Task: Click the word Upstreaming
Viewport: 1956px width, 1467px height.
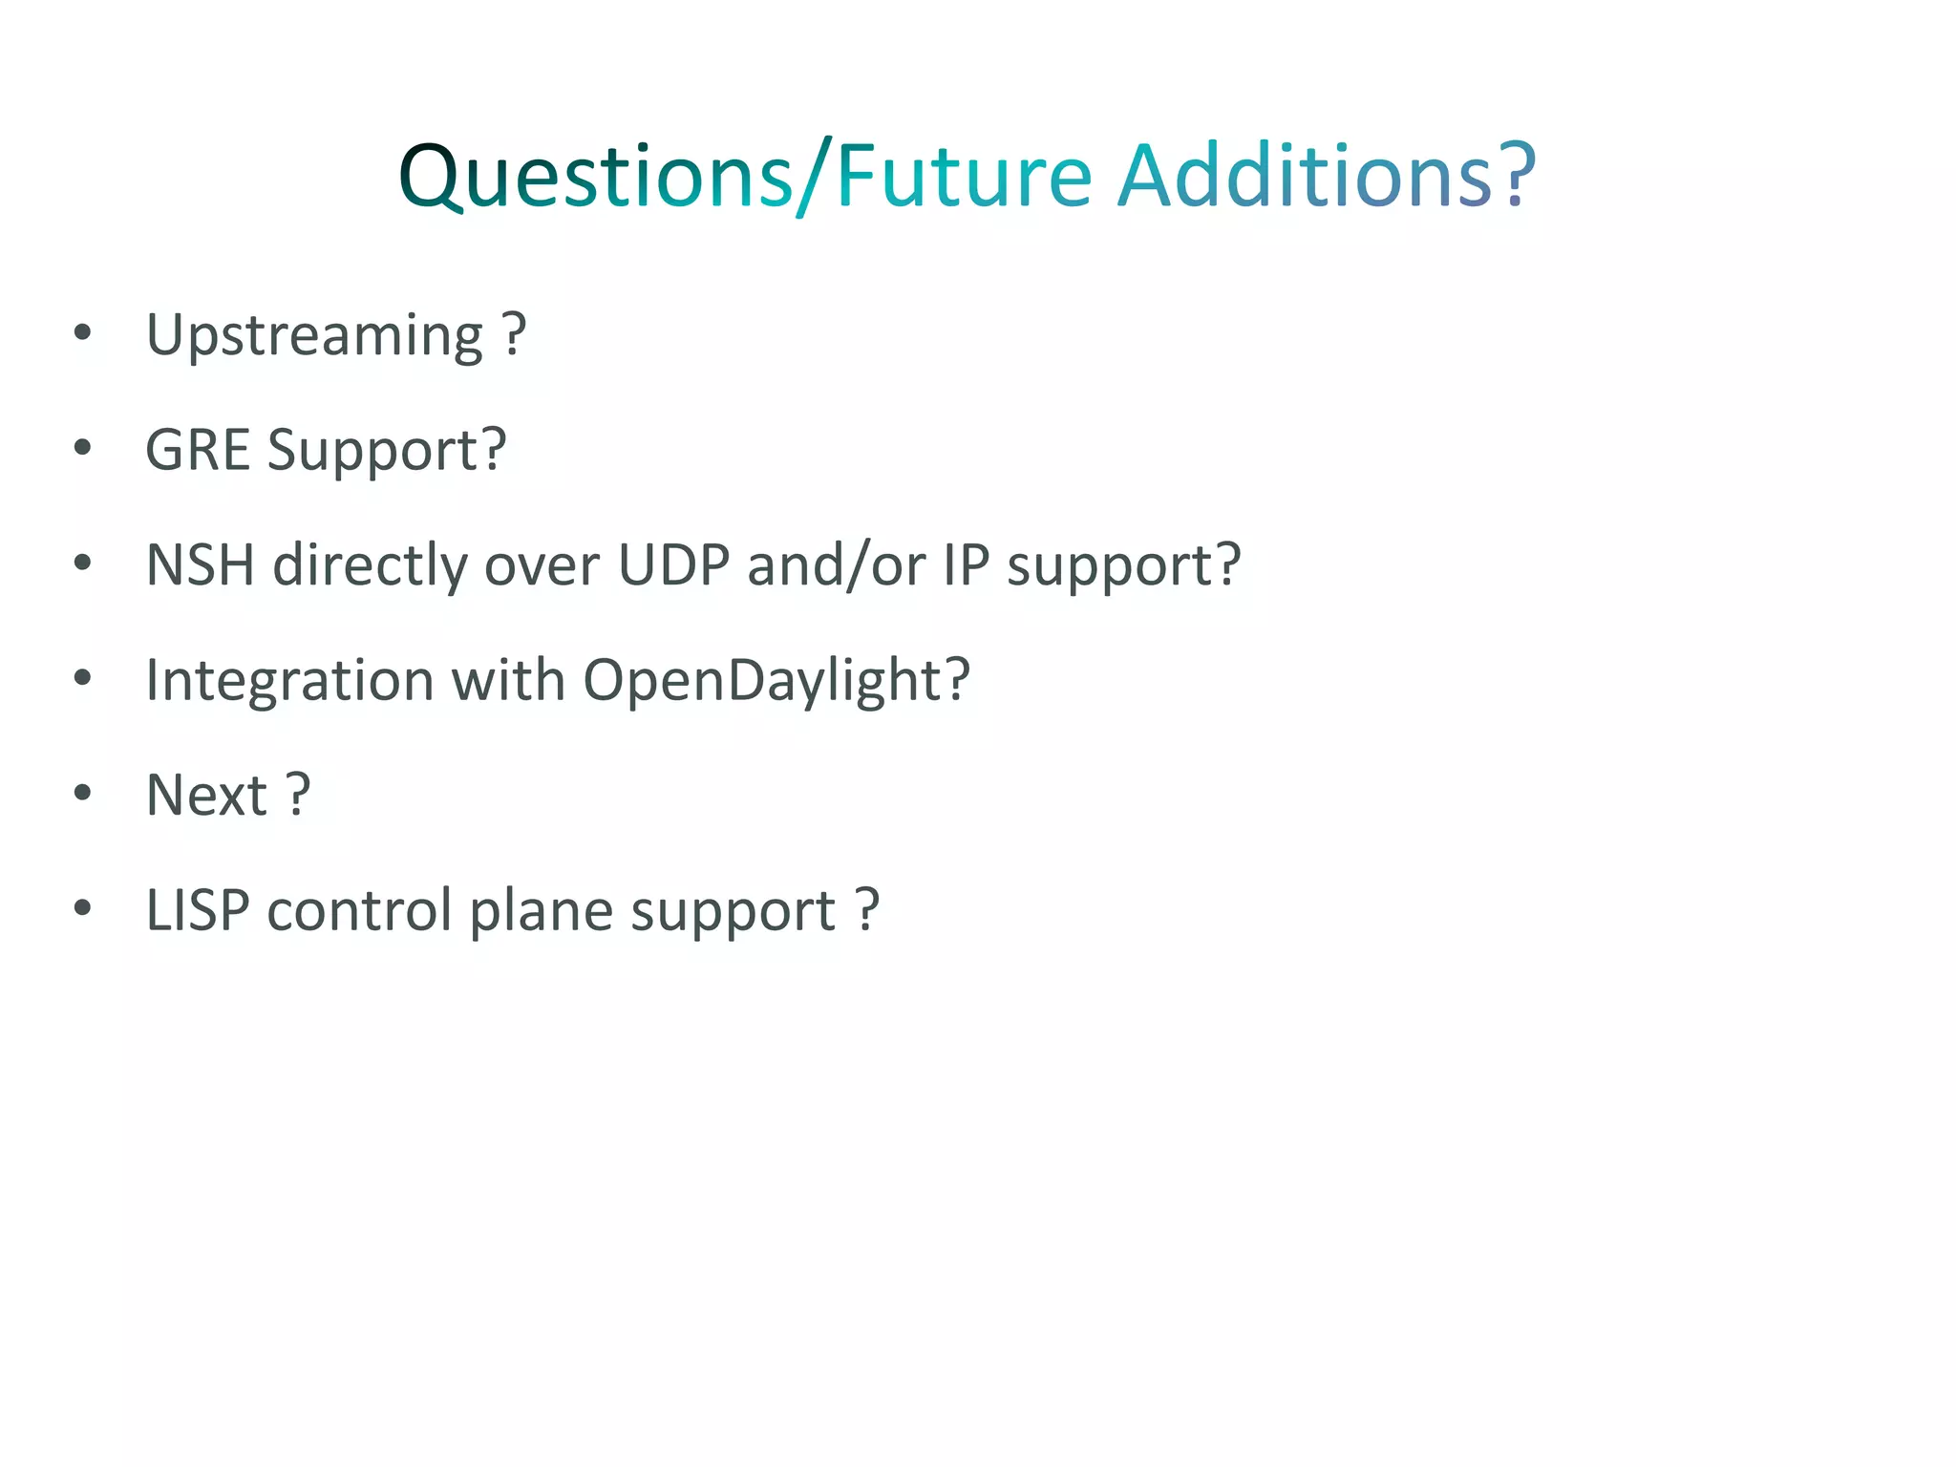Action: [314, 336]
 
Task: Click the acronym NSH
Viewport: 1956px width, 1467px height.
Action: [200, 564]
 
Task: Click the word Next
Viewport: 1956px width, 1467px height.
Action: [205, 795]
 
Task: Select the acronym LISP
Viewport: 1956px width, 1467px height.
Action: [197, 909]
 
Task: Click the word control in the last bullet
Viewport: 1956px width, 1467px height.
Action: [359, 909]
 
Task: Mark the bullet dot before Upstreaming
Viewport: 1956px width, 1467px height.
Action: [83, 332]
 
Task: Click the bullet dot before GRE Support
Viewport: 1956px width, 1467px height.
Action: [83, 447]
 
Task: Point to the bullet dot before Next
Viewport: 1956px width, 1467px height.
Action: [83, 792]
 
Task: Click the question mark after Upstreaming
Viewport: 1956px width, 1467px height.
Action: [514, 334]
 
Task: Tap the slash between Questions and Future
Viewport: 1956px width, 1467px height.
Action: [815, 178]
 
